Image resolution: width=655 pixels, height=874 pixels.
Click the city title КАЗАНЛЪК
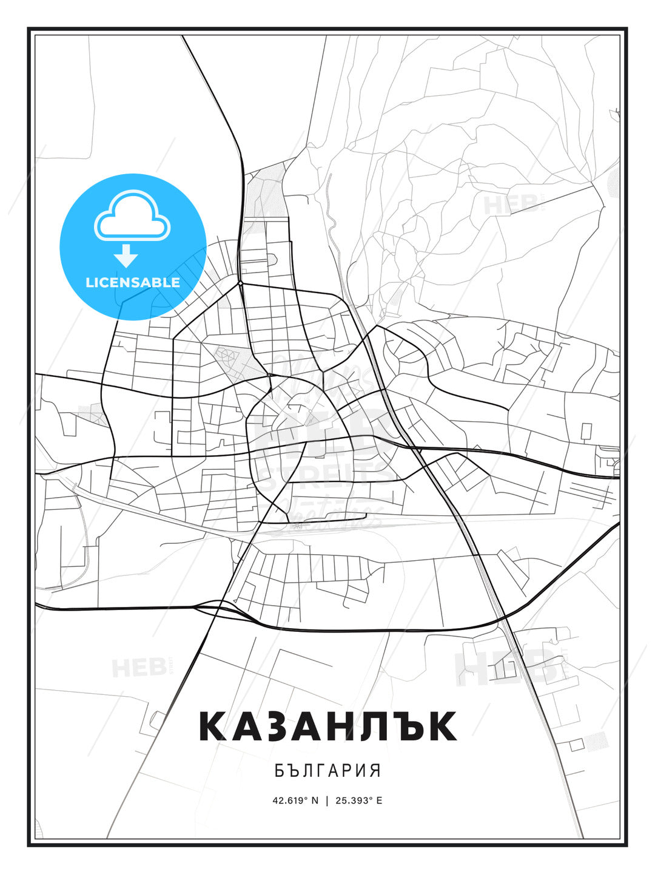pyautogui.click(x=327, y=726)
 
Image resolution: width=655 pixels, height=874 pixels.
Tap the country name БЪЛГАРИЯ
pyautogui.click(x=327, y=771)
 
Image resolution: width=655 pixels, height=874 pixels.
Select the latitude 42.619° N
pyautogui.click(x=295, y=800)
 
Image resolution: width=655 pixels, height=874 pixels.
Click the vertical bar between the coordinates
pyautogui.click(x=327, y=800)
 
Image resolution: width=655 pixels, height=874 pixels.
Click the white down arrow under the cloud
pyautogui.click(x=127, y=256)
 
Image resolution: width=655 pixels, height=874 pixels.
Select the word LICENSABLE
pyautogui.click(x=133, y=282)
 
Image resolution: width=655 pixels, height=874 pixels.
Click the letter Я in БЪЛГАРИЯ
pyautogui.click(x=375, y=771)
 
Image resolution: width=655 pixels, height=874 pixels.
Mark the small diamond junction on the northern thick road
pyautogui.click(x=241, y=283)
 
